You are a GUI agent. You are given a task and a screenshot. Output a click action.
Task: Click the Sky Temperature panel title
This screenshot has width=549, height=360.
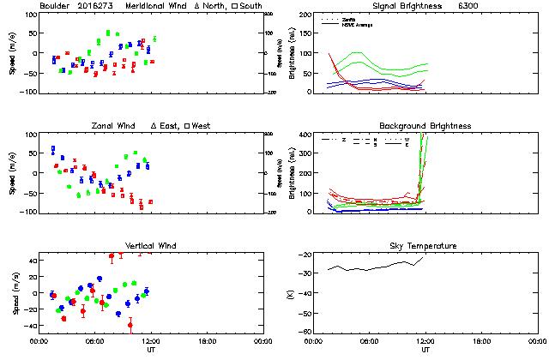tap(425, 246)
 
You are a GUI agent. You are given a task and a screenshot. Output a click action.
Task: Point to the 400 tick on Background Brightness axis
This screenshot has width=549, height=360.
tap(305, 135)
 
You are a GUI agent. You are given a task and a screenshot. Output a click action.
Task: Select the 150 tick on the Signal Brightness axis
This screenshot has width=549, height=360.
tap(305, 33)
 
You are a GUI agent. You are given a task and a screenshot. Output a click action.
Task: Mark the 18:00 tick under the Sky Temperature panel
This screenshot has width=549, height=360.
tap(481, 341)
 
